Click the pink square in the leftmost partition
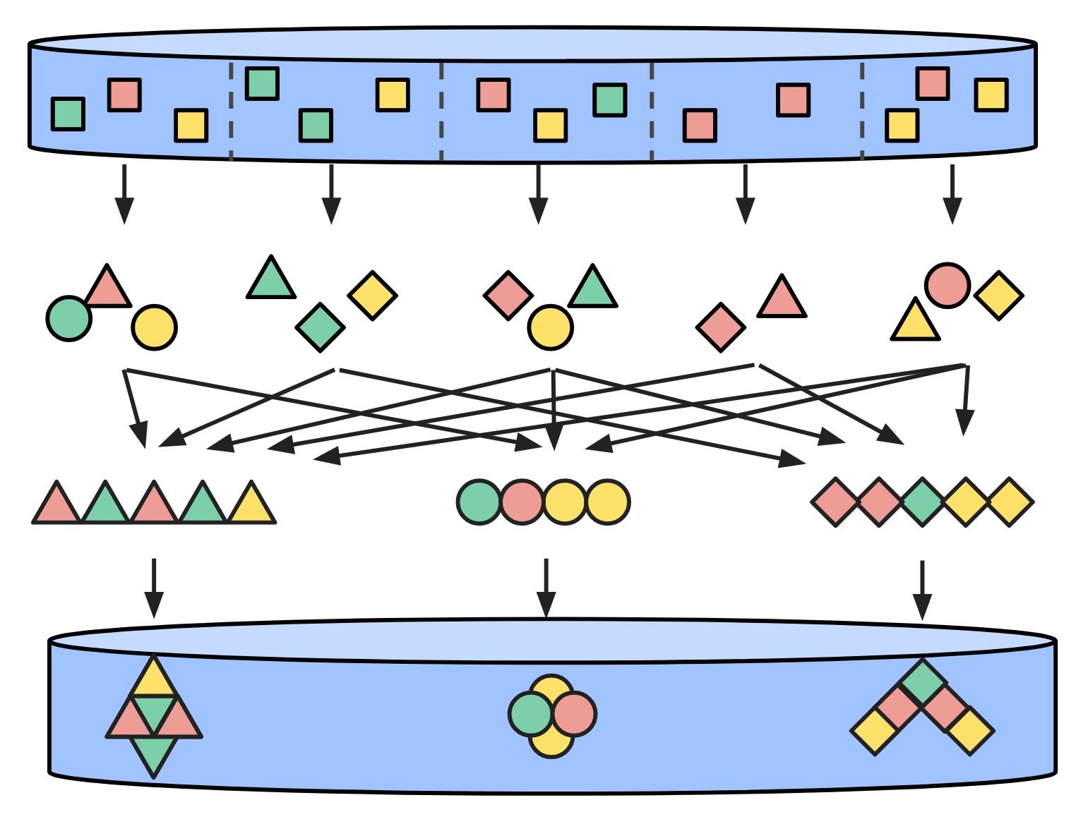point(124,95)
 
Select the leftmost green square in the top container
point(68,114)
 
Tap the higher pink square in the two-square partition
point(793,100)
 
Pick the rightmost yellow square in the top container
point(991,95)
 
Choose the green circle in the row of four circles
point(479,502)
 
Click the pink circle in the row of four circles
point(522,502)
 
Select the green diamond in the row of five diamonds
point(922,502)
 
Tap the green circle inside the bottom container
point(530,714)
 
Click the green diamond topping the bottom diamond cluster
point(923,681)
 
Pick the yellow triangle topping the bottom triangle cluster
point(153,679)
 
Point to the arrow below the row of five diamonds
point(921,589)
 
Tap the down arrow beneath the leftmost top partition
point(124,193)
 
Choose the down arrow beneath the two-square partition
point(745,193)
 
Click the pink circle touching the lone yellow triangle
point(947,286)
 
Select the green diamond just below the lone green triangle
point(320,327)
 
